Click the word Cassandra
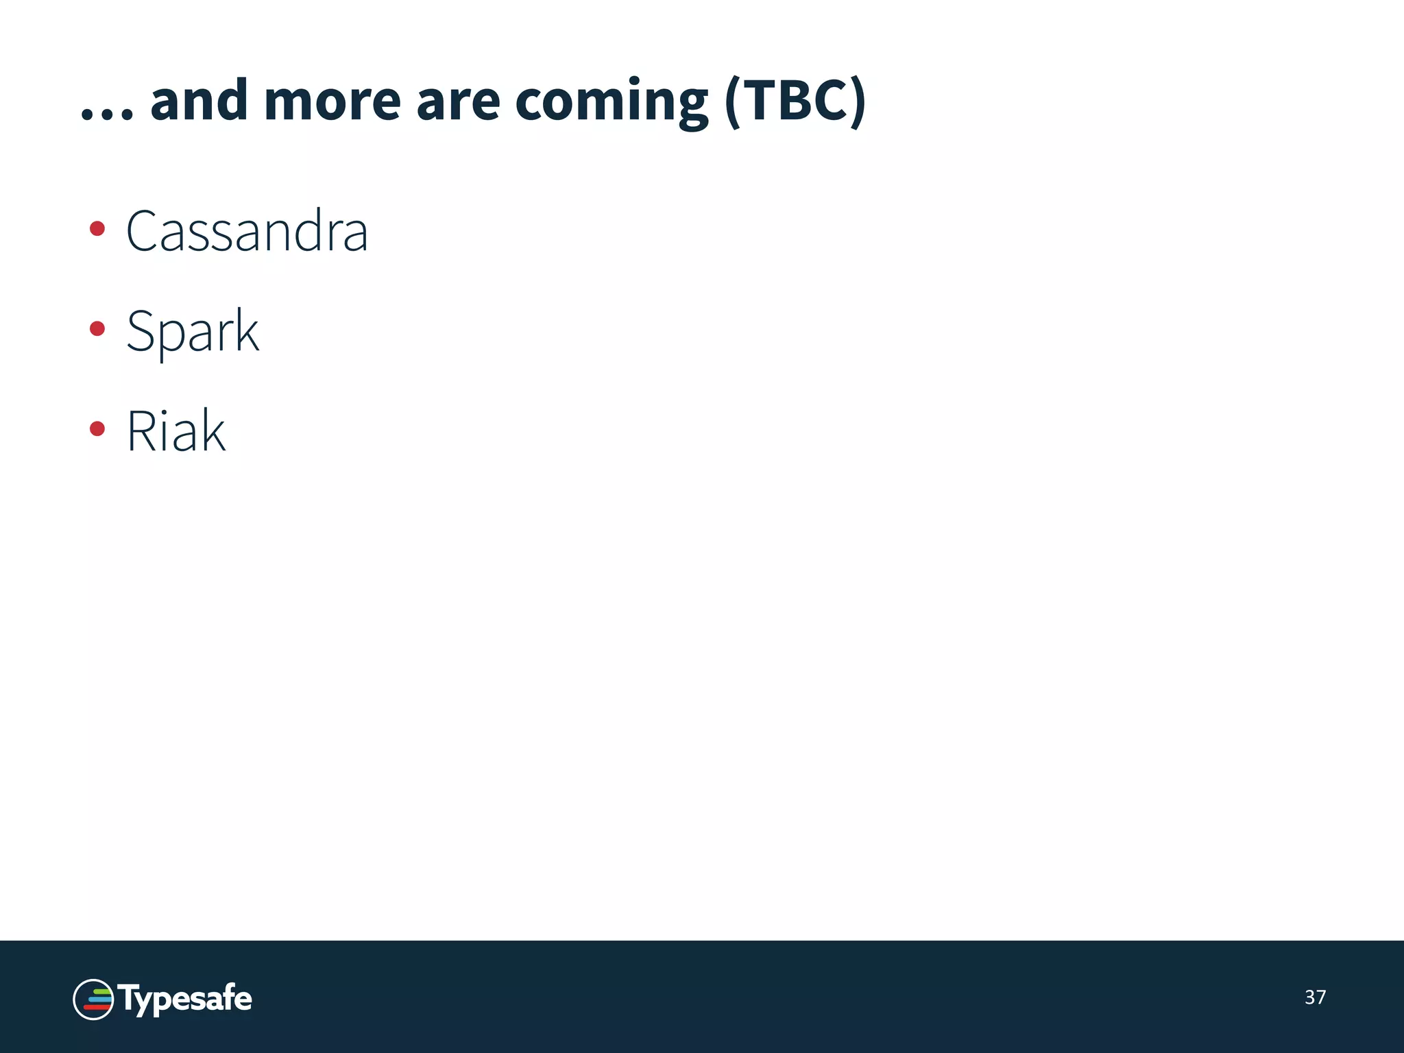click(x=247, y=231)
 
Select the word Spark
click(x=193, y=331)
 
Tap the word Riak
click(x=176, y=431)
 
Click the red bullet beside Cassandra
click(x=97, y=228)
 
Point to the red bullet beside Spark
click(x=97, y=329)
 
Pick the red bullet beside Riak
click(x=97, y=429)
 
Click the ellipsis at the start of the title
click(x=106, y=113)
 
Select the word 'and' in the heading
click(x=199, y=101)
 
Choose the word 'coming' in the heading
click(x=612, y=103)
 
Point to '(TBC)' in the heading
click(x=795, y=101)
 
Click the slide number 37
click(x=1315, y=997)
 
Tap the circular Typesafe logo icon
click(x=93, y=999)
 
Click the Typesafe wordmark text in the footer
click(x=185, y=999)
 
